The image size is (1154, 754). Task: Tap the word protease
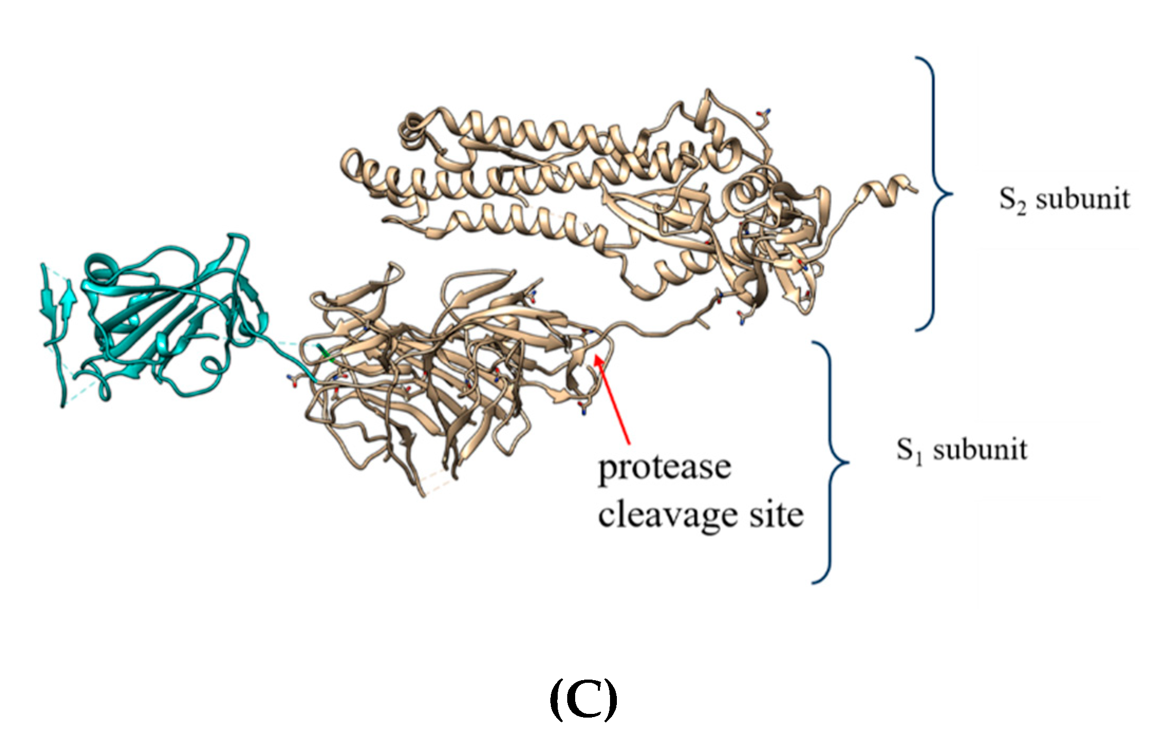[x=664, y=467]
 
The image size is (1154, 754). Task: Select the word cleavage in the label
[x=667, y=516]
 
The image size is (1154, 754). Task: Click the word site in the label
[x=776, y=514]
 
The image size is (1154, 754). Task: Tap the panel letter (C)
[x=583, y=699]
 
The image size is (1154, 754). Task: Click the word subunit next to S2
[x=1083, y=199]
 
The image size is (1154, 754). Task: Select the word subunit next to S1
[x=980, y=451]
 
